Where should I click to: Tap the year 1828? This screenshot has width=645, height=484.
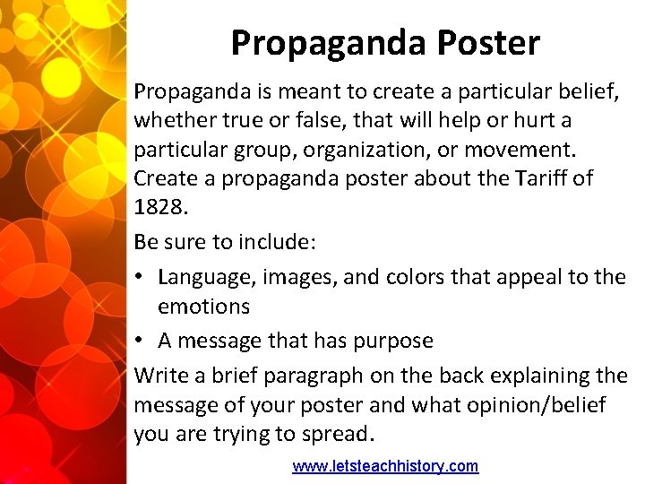coord(159,208)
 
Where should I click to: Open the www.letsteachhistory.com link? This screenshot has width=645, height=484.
coord(385,466)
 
